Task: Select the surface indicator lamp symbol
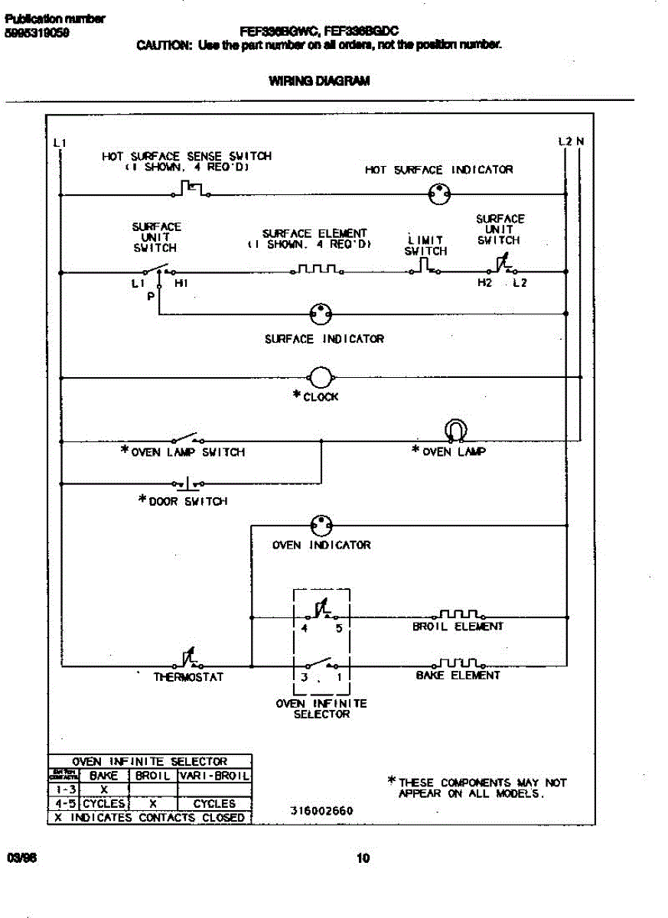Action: pyautogui.click(x=320, y=313)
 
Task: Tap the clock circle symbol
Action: pyautogui.click(x=320, y=377)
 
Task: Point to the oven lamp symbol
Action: pyautogui.click(x=454, y=431)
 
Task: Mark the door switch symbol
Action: pyautogui.click(x=188, y=483)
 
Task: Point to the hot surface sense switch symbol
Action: pyautogui.click(x=191, y=189)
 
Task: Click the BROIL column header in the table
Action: pyautogui.click(x=152, y=776)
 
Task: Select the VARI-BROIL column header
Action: pyautogui.click(x=214, y=776)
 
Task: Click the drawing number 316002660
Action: pyautogui.click(x=321, y=812)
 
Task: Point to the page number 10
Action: pyautogui.click(x=363, y=858)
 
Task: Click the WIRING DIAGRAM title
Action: pyautogui.click(x=319, y=80)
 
